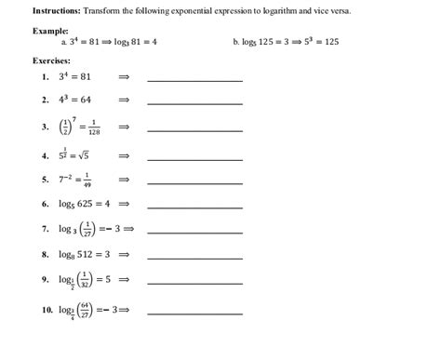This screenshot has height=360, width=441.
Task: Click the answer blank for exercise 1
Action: [194, 80]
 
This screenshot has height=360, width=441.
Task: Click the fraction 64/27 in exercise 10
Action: [86, 309]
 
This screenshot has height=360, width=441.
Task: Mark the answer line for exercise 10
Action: [194, 314]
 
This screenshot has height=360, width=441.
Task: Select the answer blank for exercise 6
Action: [194, 207]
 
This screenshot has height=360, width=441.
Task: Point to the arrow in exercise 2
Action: [124, 99]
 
